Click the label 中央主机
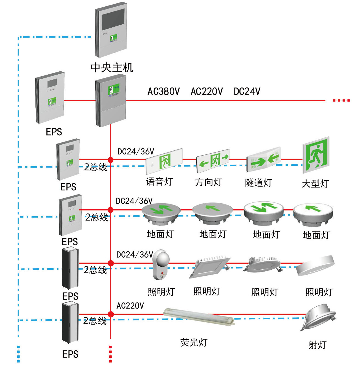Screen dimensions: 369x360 [112, 67]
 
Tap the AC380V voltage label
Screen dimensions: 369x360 [163, 91]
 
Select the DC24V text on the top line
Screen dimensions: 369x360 [247, 91]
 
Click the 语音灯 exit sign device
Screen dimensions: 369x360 [164, 161]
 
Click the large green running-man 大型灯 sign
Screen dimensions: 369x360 [316, 155]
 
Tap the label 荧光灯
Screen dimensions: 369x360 [194, 342]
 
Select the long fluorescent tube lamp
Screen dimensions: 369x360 [199, 316]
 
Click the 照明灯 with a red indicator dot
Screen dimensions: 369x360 [161, 264]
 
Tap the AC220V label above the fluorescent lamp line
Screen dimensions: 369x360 [130, 306]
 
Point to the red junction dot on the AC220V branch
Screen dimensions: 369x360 [111, 314]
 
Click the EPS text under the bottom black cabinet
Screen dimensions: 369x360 [70, 354]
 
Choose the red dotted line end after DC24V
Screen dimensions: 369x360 [341, 100]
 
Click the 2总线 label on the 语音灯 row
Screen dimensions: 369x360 [95, 167]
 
